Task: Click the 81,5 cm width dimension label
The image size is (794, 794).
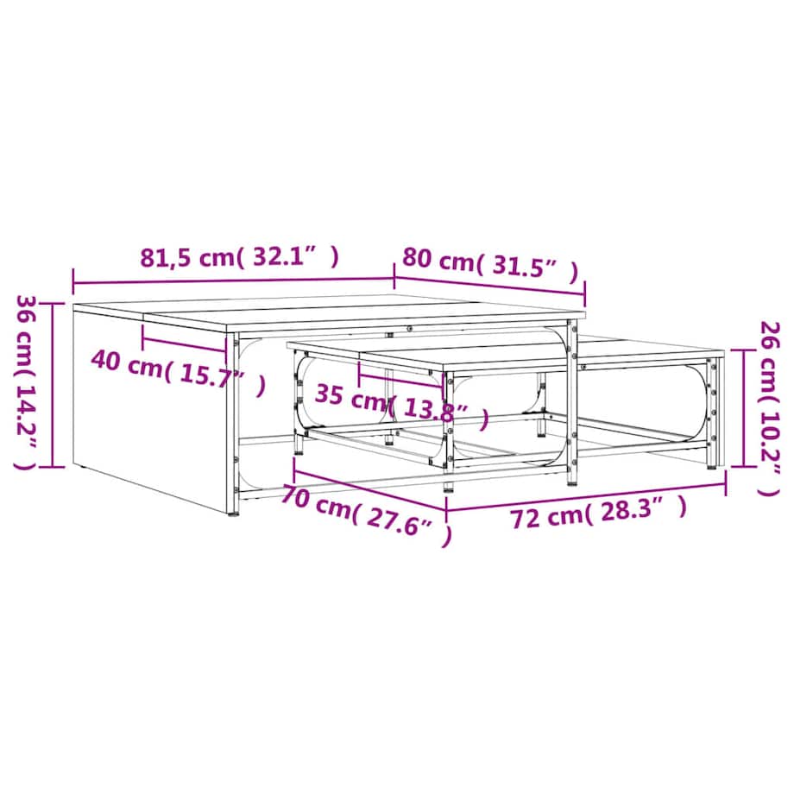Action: [x=239, y=258]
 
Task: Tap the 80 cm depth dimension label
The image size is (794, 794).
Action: [x=489, y=265]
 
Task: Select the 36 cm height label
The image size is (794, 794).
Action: [x=27, y=382]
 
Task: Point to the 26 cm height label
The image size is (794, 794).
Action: [x=769, y=408]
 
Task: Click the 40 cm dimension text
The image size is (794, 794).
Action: [x=178, y=372]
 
